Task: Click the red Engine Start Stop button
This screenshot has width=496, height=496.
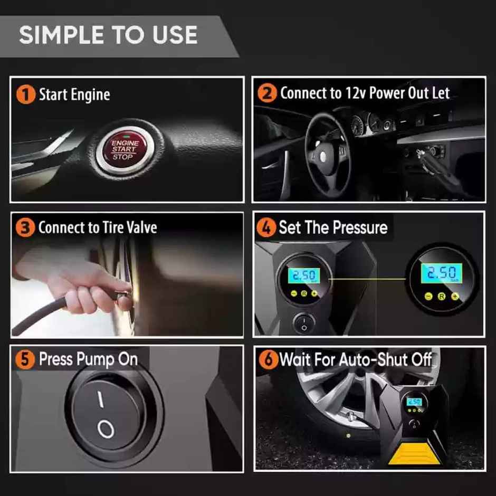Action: point(125,149)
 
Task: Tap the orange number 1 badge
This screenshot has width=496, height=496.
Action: point(25,95)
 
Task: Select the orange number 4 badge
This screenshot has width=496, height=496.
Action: point(266,228)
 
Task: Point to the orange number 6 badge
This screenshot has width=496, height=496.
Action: point(269,360)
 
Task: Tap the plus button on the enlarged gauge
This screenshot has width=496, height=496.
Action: point(455,296)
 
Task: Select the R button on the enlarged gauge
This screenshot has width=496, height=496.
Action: point(441,296)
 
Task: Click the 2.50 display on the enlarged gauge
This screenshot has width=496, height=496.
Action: point(441,273)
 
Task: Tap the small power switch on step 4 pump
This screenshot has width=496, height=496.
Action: point(304,323)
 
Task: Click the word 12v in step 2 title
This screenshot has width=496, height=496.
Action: point(355,93)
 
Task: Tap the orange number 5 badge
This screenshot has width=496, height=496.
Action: point(25,360)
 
